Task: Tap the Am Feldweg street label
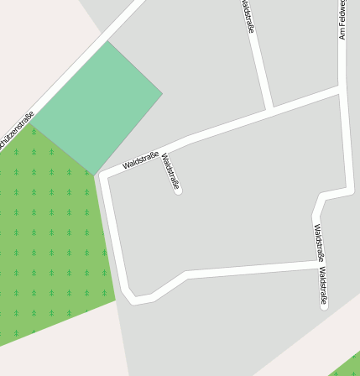point(342,20)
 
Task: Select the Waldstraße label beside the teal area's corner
point(139,160)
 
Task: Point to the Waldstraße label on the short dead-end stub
point(170,171)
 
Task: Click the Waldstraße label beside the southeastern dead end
point(323,285)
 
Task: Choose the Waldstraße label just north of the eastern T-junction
point(319,241)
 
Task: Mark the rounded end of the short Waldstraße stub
point(178,191)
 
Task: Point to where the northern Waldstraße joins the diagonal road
point(269,110)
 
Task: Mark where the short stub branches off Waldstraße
point(161,151)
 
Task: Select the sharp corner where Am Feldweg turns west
point(351,191)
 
